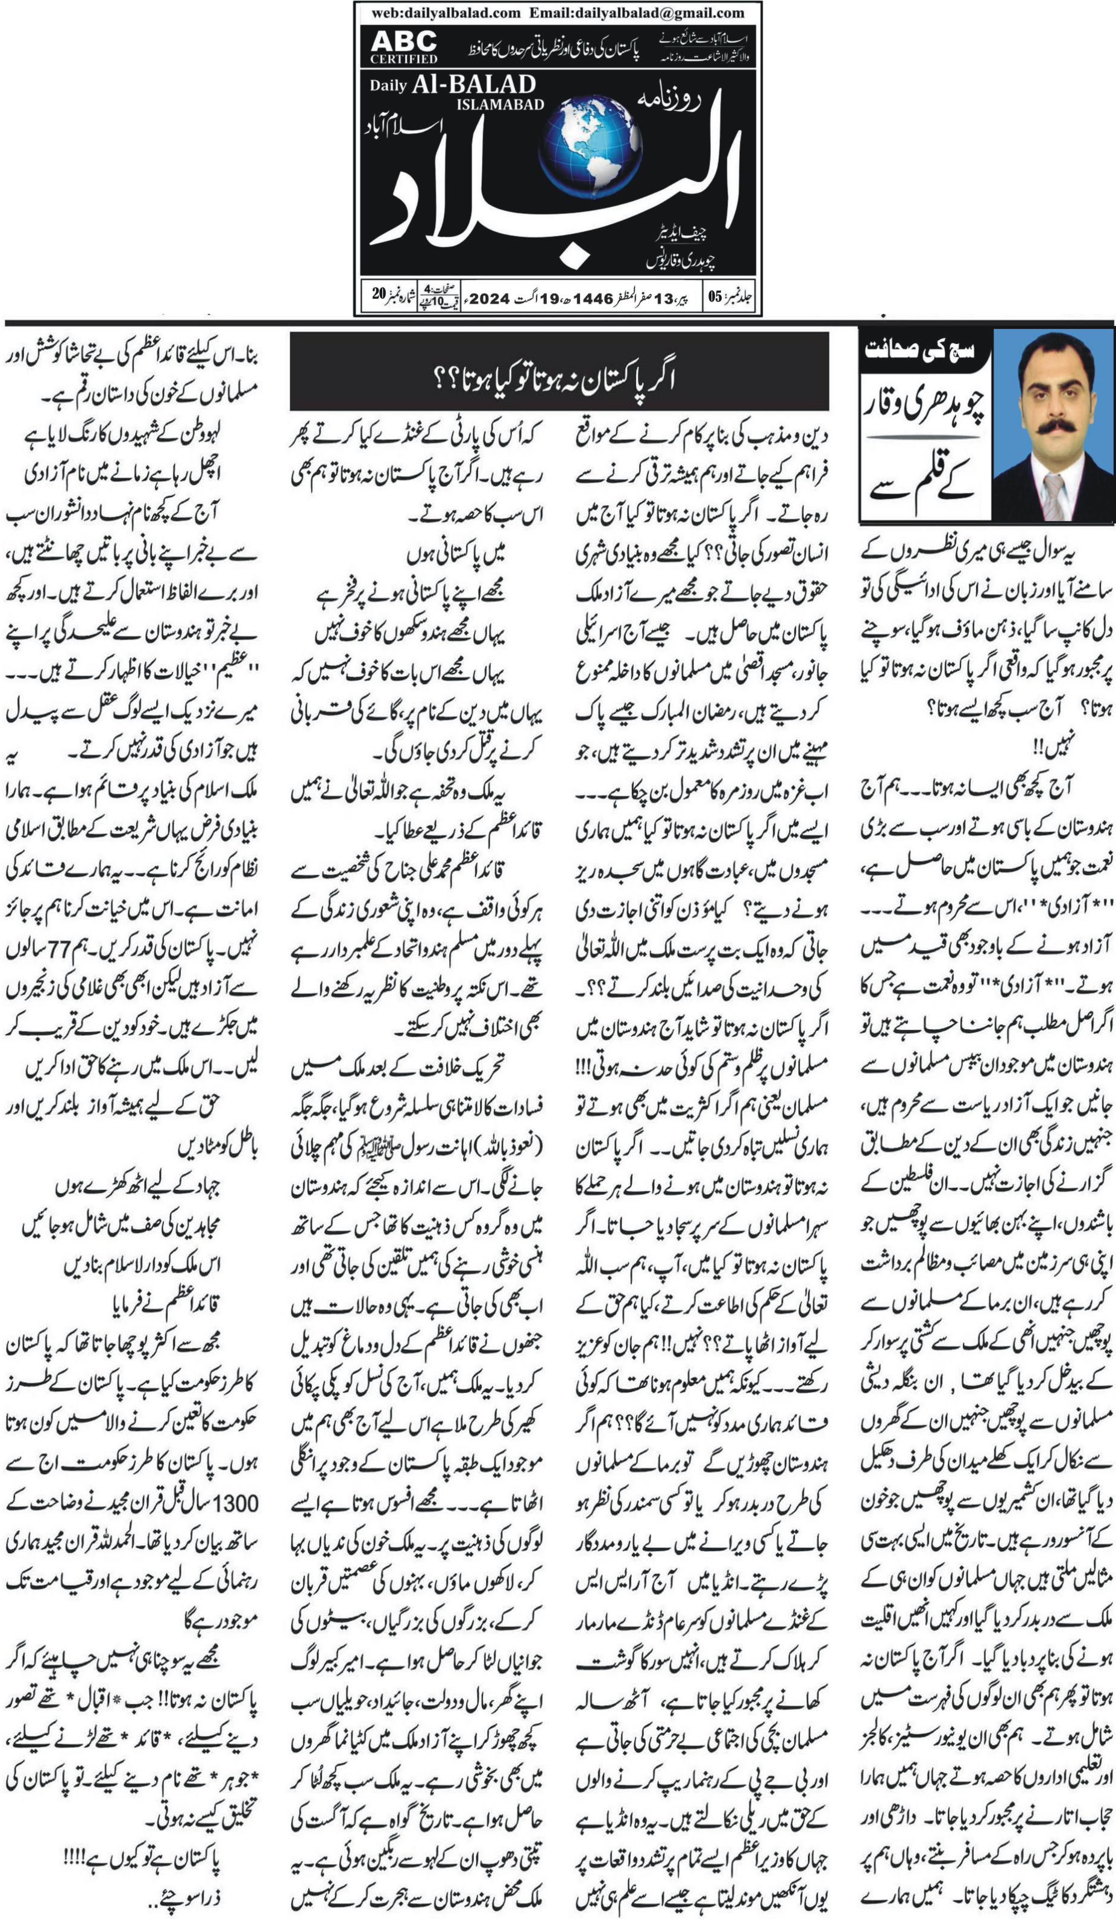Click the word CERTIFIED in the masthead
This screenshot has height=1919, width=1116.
(404, 58)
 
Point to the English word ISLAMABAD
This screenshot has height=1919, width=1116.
(500, 104)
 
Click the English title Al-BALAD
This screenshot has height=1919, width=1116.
(473, 86)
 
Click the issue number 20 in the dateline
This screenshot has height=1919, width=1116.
(379, 295)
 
